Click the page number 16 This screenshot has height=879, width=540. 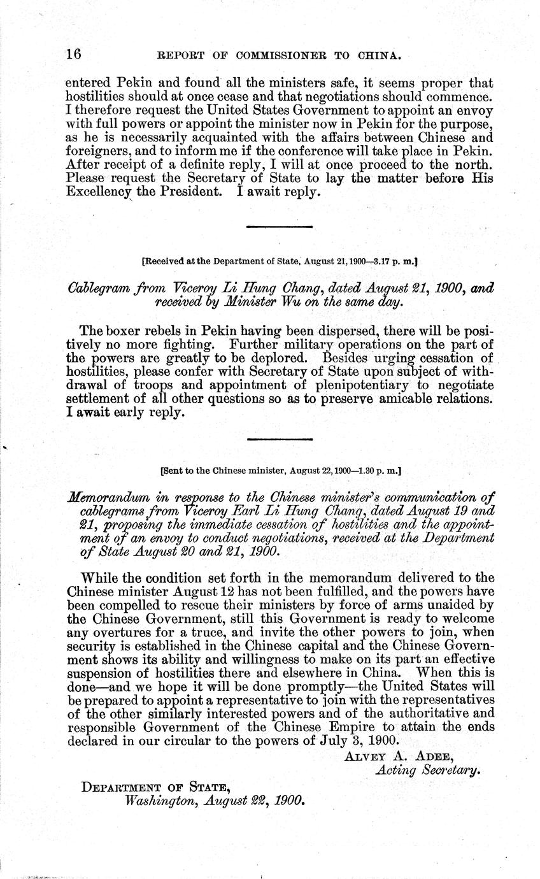(74, 55)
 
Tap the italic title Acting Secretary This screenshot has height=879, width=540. (427, 770)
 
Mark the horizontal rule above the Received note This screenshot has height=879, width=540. (279, 227)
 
